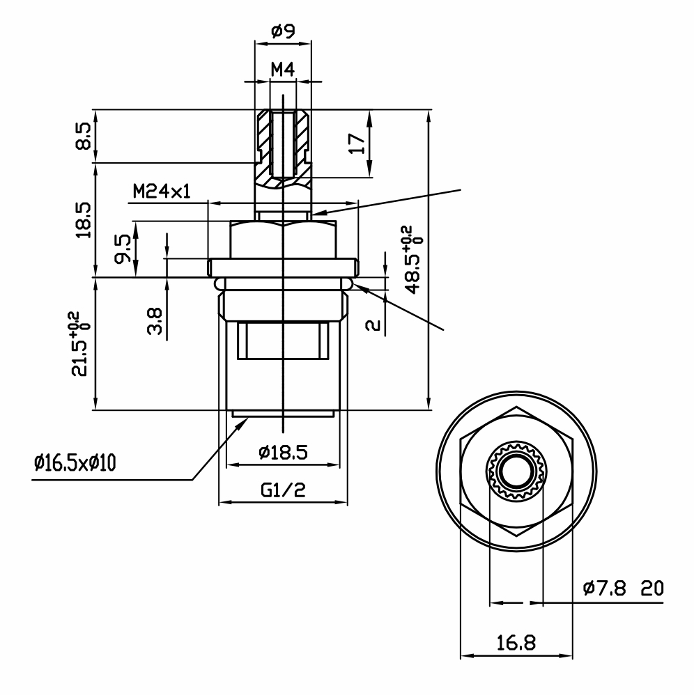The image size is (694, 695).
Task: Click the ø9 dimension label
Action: click(283, 31)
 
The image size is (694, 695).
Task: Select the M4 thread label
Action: click(283, 70)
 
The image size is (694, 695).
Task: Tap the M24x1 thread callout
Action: click(162, 192)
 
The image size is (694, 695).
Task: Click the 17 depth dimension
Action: click(357, 143)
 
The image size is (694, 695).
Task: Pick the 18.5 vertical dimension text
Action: click(83, 220)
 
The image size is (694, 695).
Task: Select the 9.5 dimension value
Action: click(123, 249)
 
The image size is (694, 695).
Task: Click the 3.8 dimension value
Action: click(154, 321)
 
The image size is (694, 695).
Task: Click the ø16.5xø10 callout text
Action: click(75, 463)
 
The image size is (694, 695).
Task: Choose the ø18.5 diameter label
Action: click(283, 453)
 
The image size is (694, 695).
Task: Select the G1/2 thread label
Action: click(283, 490)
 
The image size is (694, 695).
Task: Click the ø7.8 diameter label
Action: click(604, 588)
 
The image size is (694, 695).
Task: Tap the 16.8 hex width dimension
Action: click(516, 643)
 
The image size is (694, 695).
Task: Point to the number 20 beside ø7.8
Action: click(652, 588)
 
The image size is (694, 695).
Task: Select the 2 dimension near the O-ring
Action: click(373, 325)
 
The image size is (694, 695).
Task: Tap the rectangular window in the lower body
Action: click(283, 341)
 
